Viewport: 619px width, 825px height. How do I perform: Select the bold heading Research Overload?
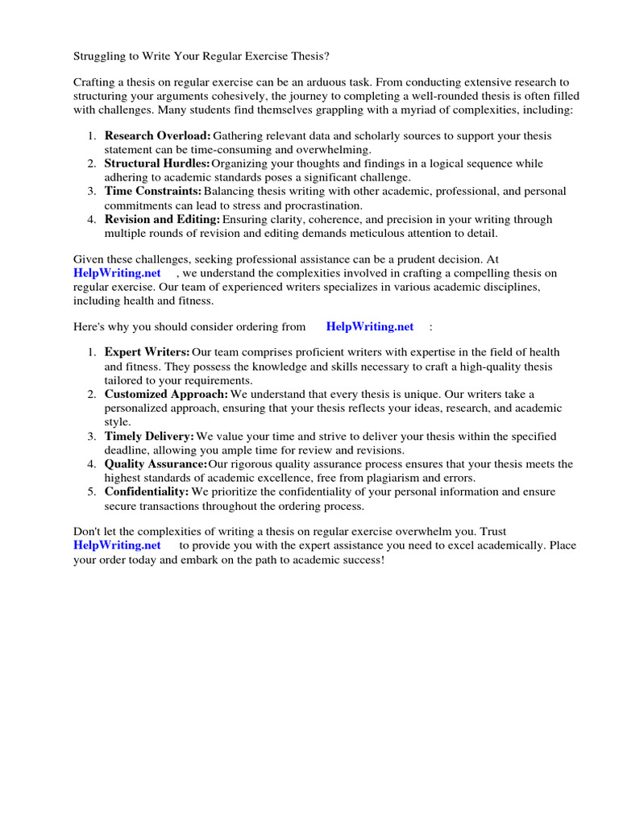point(158,136)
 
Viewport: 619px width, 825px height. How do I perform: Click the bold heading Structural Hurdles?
point(157,164)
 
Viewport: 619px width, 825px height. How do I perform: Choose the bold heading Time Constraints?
point(153,191)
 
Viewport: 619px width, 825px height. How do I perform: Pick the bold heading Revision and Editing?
point(162,218)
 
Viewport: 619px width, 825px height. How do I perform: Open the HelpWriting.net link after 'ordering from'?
point(370,326)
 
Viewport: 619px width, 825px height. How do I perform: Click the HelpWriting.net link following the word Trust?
point(117,545)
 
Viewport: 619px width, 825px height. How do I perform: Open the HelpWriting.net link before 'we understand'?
point(117,273)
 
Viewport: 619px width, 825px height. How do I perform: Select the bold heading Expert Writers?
point(147,352)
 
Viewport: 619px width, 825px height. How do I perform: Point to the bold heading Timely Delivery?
point(149,436)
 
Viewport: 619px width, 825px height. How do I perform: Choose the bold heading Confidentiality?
point(147,491)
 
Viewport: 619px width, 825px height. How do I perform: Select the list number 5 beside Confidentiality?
point(91,491)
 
